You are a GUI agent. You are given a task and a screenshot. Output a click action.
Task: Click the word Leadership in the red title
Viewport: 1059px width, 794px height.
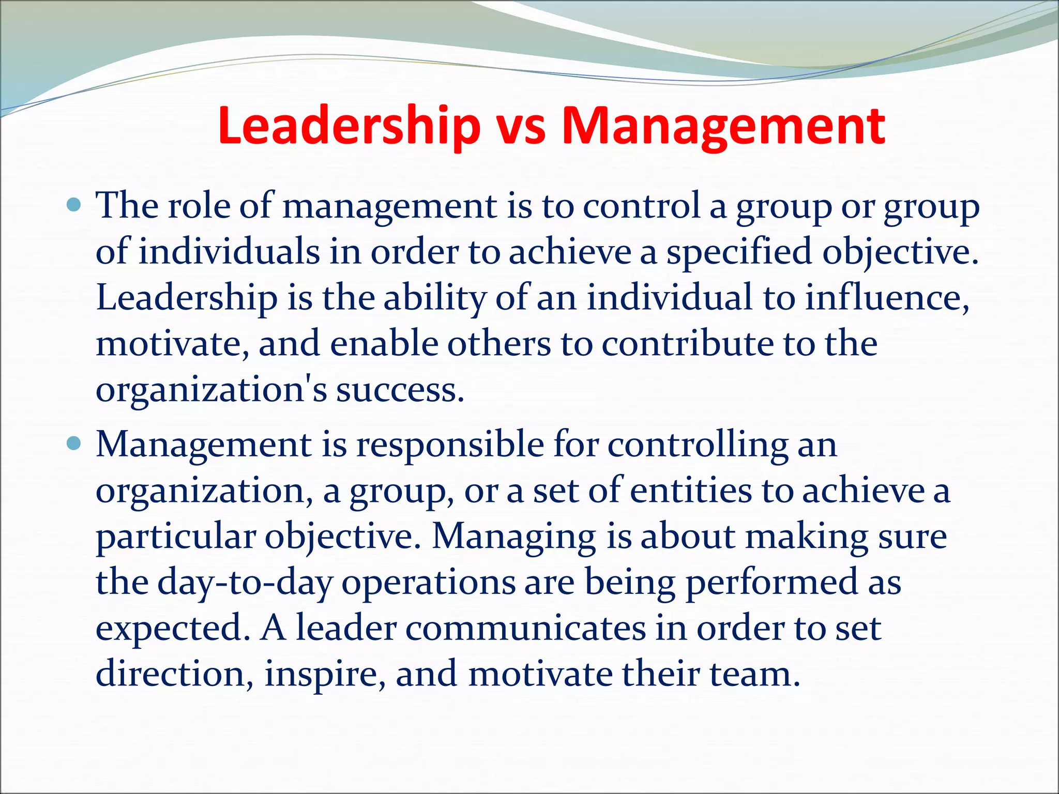tap(349, 127)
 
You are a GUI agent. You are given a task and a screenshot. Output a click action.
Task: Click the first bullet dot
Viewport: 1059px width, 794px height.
tap(74, 206)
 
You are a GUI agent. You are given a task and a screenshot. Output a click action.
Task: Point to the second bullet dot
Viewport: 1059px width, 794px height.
tap(74, 444)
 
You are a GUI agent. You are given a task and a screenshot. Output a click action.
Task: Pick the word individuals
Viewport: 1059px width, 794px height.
tap(229, 252)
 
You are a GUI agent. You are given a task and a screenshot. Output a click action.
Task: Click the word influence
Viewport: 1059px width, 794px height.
tap(886, 298)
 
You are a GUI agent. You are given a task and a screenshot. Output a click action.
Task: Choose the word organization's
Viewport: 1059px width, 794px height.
tap(211, 390)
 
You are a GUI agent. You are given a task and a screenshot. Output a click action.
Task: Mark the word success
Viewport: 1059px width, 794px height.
tap(400, 390)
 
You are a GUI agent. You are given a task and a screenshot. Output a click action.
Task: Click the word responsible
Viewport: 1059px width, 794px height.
tap(450, 445)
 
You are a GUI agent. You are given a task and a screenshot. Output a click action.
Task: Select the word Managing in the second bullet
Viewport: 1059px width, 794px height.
tap(514, 537)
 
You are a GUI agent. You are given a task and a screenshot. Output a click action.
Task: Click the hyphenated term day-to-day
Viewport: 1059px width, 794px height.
tap(245, 583)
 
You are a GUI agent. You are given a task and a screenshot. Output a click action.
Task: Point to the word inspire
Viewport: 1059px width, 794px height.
tap(325, 675)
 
